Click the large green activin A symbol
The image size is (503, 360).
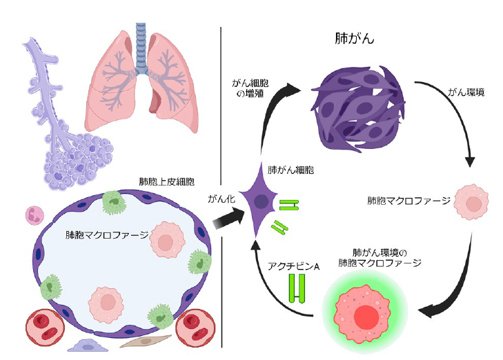tap(297, 288)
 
